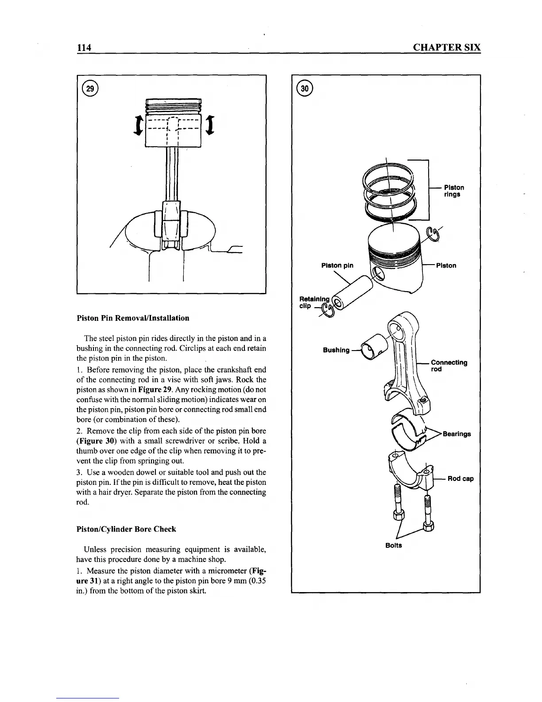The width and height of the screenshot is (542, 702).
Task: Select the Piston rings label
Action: pyautogui.click(x=454, y=191)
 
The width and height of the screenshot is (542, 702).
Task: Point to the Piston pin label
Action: pyautogui.click(x=337, y=265)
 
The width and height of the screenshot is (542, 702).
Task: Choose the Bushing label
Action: pyautogui.click(x=336, y=350)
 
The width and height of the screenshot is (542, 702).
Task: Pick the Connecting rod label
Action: pyautogui.click(x=449, y=366)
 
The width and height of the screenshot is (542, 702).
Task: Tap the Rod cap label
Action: pyautogui.click(x=461, y=479)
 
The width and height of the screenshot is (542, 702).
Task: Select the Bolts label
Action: pyautogui.click(x=393, y=545)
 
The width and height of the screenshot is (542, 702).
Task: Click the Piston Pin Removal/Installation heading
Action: pyautogui.click(x=133, y=318)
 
